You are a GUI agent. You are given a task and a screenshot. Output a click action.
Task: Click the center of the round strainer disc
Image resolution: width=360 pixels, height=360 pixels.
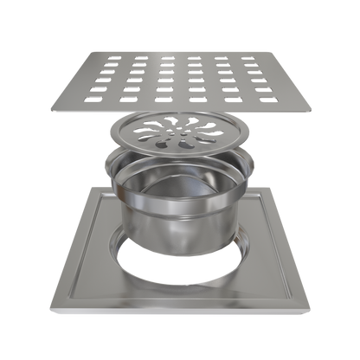point(180,132)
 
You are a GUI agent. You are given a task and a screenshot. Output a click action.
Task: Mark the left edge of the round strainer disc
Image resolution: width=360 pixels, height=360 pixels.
point(110,135)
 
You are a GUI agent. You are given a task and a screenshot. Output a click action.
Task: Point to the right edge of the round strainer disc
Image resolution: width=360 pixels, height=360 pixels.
point(250,135)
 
